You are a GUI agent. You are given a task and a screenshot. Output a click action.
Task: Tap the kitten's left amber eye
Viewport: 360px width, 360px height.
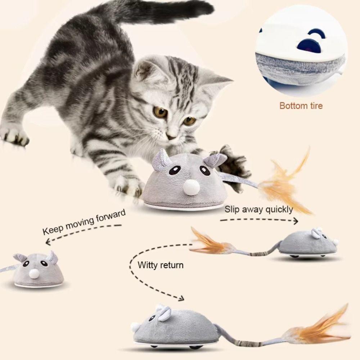click(x=161, y=112)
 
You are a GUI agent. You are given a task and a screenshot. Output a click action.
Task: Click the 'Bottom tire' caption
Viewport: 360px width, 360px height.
click(x=301, y=106)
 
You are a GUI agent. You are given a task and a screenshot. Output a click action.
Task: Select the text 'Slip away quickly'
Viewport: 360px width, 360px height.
click(x=258, y=209)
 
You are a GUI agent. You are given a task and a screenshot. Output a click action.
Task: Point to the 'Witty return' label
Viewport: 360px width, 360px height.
click(x=161, y=265)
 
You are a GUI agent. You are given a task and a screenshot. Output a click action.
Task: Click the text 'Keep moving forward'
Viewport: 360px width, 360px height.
click(x=84, y=222)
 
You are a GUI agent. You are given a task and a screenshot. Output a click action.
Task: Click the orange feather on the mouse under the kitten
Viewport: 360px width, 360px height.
click(x=284, y=184)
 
